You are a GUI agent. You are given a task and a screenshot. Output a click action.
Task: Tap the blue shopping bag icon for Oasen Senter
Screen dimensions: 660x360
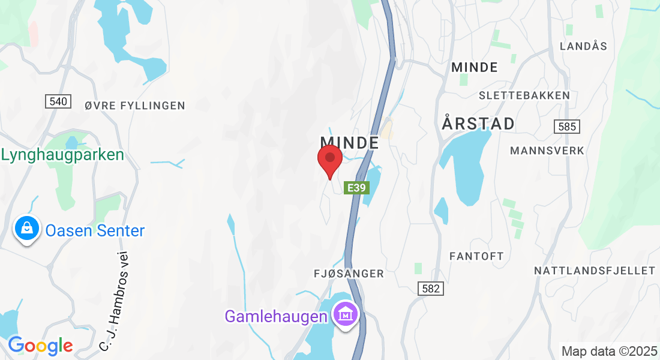(27, 229)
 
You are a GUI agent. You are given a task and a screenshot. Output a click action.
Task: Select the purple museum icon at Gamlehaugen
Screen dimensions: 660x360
(346, 314)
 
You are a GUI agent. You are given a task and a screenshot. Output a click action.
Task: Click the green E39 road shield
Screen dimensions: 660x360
(356, 188)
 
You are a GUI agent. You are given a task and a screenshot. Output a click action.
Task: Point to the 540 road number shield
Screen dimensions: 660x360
(58, 101)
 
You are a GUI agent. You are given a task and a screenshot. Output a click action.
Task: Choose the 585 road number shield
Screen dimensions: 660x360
(566, 127)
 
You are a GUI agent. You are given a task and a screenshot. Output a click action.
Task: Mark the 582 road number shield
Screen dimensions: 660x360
(431, 289)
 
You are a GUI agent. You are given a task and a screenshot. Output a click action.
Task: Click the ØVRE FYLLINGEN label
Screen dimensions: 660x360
(135, 106)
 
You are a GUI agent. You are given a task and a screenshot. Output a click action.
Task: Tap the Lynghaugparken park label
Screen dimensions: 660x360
(62, 155)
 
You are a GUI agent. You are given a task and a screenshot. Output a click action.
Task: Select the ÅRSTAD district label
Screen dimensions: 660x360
(478, 124)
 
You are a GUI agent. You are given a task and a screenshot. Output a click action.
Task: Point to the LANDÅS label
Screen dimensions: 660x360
(583, 46)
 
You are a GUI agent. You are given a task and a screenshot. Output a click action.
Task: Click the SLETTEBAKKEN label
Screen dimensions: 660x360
(524, 95)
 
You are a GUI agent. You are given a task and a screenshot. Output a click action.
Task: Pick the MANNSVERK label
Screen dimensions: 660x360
(547, 150)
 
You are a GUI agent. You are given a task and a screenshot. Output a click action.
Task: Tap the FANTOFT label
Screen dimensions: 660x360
(476, 256)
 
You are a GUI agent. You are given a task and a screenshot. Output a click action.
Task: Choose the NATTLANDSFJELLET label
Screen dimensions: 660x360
(595, 271)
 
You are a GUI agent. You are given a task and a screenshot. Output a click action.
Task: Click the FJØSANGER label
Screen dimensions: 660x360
(349, 274)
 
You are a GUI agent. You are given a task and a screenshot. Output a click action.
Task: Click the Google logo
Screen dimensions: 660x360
(40, 345)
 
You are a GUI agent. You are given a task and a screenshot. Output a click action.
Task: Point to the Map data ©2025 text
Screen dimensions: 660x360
(609, 351)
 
